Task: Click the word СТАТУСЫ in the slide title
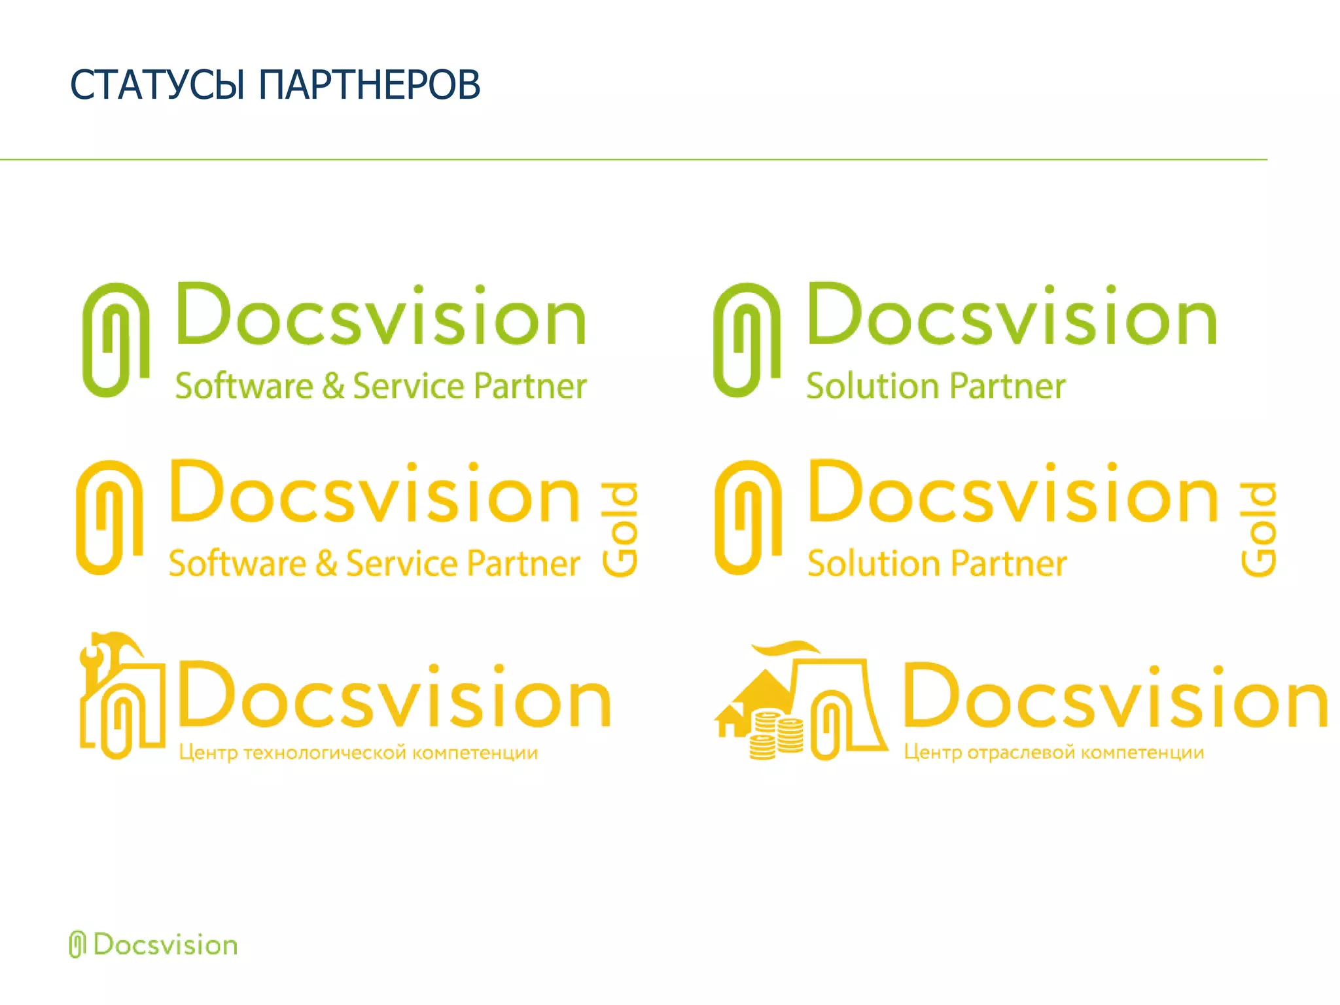tap(157, 85)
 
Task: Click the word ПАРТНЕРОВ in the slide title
tap(370, 85)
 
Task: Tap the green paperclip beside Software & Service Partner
tap(115, 340)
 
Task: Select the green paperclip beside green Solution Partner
tap(747, 340)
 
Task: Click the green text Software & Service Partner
tap(381, 385)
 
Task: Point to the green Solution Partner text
tap(936, 385)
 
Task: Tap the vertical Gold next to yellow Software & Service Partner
tap(620, 530)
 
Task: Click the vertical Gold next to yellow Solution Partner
tap(1258, 530)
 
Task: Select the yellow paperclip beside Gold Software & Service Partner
tap(109, 517)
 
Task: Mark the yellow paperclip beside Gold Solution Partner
tap(748, 517)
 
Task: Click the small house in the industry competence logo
tap(730, 720)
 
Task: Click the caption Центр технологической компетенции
tap(359, 752)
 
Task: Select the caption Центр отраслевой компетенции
tap(1053, 752)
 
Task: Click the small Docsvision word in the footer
tap(165, 945)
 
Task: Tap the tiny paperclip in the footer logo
tap(77, 944)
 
